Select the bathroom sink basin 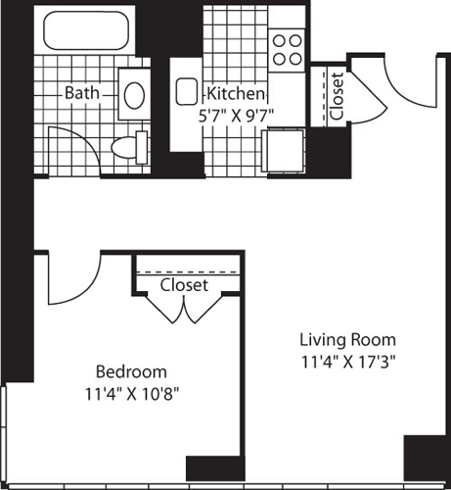pyautogui.click(x=134, y=94)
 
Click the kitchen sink pyautogui.click(x=186, y=93)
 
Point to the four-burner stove pyautogui.click(x=286, y=49)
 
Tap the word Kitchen pyautogui.click(x=235, y=94)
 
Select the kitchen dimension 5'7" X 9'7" pyautogui.click(x=235, y=113)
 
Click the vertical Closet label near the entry pyautogui.click(x=337, y=96)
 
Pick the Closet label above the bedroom pyautogui.click(x=184, y=284)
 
